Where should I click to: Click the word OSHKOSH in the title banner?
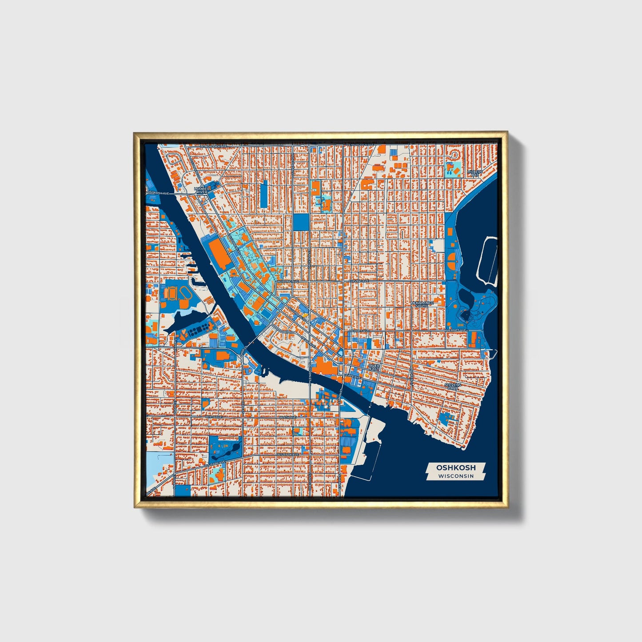[x=455, y=467]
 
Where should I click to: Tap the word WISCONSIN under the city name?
[x=455, y=476]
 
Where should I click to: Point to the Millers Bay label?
[x=475, y=173]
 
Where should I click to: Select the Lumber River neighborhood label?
[x=202, y=190]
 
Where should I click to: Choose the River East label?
[x=374, y=367]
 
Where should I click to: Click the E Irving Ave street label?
[x=358, y=281]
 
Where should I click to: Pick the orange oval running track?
[x=186, y=293]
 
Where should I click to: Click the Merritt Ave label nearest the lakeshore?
[x=457, y=331]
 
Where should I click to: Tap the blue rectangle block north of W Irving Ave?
[x=301, y=222]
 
